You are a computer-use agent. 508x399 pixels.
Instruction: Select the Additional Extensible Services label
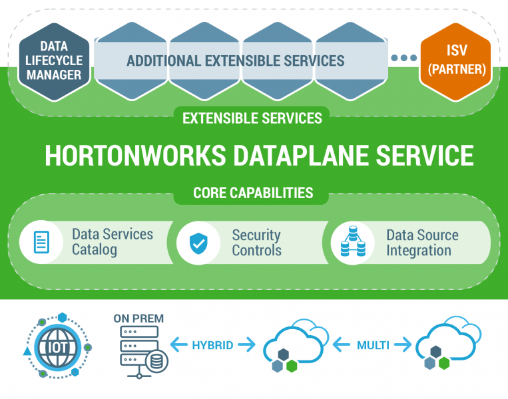pyautogui.click(x=236, y=61)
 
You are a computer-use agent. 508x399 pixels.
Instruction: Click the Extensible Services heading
pyautogui.click(x=252, y=118)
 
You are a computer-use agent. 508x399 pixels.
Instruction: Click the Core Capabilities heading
pyautogui.click(x=253, y=193)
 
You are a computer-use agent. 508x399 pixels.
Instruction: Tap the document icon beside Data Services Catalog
pyautogui.click(x=42, y=242)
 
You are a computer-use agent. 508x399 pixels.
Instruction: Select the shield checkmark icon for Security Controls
pyautogui.click(x=198, y=243)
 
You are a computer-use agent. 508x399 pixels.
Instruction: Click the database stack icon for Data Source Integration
pyautogui.click(x=353, y=242)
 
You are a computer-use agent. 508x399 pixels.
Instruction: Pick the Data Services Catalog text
pyautogui.click(x=112, y=242)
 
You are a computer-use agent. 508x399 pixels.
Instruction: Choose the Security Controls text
pyautogui.click(x=256, y=243)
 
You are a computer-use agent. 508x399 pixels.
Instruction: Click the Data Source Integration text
pyautogui.click(x=422, y=243)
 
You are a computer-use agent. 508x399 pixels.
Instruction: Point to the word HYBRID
pyautogui.click(x=212, y=345)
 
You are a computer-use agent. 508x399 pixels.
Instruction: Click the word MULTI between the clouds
pyautogui.click(x=373, y=345)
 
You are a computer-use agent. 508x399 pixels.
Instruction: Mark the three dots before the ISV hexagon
pyautogui.click(x=403, y=59)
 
